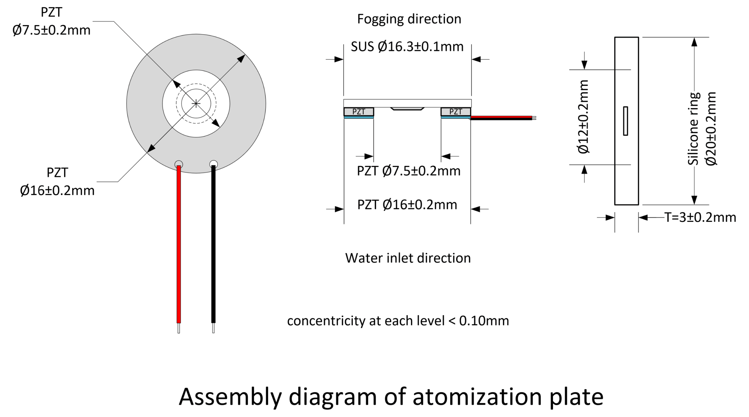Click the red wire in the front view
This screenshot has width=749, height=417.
point(179,244)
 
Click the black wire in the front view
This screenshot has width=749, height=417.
point(213,244)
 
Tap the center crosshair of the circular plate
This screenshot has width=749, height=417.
point(196,103)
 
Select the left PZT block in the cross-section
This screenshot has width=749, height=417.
point(359,112)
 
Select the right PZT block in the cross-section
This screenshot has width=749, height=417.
point(456,112)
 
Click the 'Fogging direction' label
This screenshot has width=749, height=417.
point(409,19)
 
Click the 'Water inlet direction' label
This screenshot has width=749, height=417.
point(408,258)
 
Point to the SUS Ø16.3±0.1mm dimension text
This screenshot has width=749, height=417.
point(407,47)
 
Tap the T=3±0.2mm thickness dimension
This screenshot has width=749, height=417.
point(700,217)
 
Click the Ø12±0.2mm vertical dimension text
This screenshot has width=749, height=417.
point(583,117)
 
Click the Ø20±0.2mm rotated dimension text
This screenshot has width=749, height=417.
point(711,129)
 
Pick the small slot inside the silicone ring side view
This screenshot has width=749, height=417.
point(626,121)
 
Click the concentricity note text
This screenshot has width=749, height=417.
point(398,321)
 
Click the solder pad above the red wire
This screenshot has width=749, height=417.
point(179,164)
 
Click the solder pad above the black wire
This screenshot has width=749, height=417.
point(214,164)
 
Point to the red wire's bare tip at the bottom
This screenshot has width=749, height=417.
point(179,328)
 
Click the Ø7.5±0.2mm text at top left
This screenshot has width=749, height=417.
point(51,30)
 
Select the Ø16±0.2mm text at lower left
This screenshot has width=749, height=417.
point(57,191)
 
